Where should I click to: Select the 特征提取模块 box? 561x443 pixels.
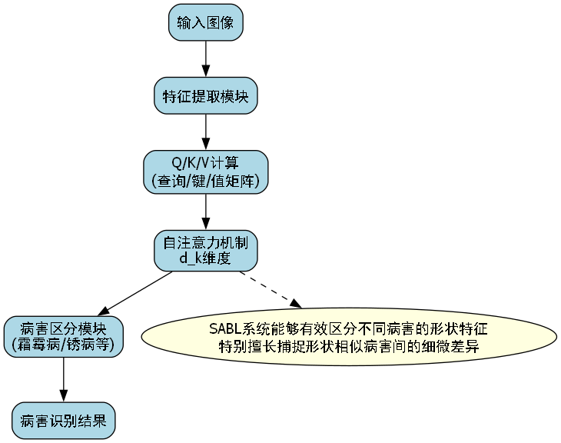click(x=205, y=96)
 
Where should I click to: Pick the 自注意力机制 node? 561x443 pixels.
click(x=205, y=251)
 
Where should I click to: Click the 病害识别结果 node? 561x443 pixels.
click(x=63, y=421)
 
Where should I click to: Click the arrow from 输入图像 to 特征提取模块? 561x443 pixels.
click(x=205, y=58)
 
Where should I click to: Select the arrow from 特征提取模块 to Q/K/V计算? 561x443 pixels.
click(x=205, y=132)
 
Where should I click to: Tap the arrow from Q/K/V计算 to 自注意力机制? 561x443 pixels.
click(x=205, y=212)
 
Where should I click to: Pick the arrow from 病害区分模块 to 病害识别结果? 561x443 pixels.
click(x=63, y=378)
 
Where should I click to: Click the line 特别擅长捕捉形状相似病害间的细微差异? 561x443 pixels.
click(x=349, y=346)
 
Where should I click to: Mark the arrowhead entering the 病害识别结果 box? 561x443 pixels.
click(x=63, y=395)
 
